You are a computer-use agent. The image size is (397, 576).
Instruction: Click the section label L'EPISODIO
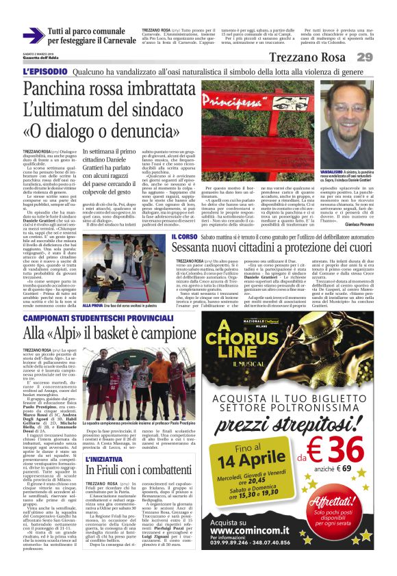44,70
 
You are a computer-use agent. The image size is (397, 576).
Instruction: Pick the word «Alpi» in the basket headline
68,335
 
